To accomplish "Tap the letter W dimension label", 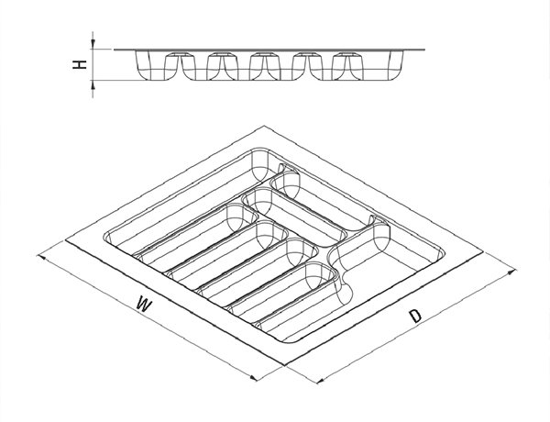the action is pos(144,304).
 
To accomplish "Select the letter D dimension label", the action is pos(415,316).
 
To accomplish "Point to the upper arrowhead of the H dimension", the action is pos(93,44).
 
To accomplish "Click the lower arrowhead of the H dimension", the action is pos(93,84).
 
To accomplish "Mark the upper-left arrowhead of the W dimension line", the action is pos(41,258).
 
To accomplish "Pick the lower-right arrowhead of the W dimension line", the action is pos(254,378).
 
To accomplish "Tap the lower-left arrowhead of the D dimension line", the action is pos(321,380).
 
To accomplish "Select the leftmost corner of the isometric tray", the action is pos(65,240).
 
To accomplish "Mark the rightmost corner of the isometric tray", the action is pos(483,251).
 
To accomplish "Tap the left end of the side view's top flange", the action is pos(115,50).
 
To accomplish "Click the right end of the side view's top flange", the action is pos(424,50).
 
